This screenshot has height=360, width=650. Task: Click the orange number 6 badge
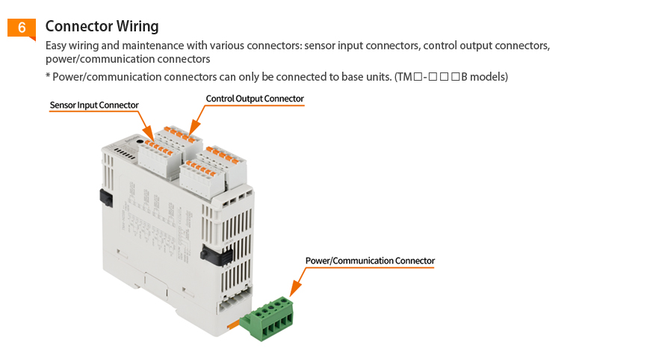(x=22, y=28)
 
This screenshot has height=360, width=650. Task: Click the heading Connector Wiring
(x=102, y=26)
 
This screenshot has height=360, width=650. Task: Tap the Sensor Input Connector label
(x=94, y=105)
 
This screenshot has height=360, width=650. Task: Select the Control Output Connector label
(x=255, y=99)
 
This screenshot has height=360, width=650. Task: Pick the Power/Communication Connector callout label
(x=370, y=261)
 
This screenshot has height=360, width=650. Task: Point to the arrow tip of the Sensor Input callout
(x=149, y=137)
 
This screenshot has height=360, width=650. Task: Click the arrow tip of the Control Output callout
(x=191, y=131)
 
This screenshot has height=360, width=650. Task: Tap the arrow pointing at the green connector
(x=292, y=294)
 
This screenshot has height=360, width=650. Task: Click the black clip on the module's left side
(x=105, y=198)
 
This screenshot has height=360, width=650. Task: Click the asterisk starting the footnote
(x=48, y=76)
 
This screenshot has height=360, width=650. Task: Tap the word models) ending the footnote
(x=490, y=77)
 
